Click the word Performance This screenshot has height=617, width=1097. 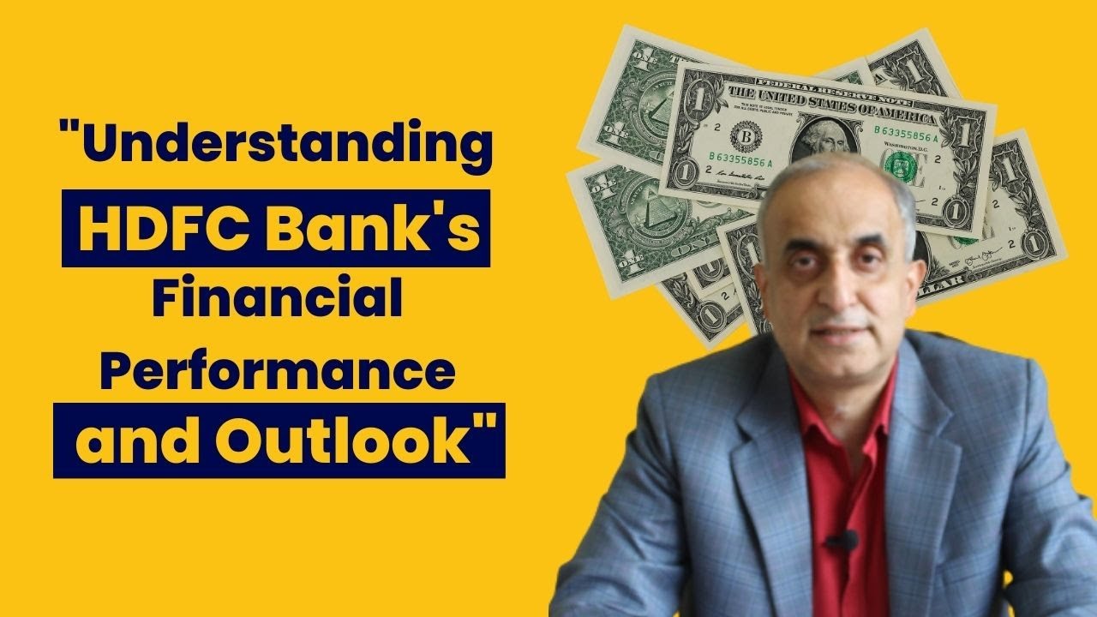click(279, 374)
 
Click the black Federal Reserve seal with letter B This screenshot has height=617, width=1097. click(741, 137)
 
